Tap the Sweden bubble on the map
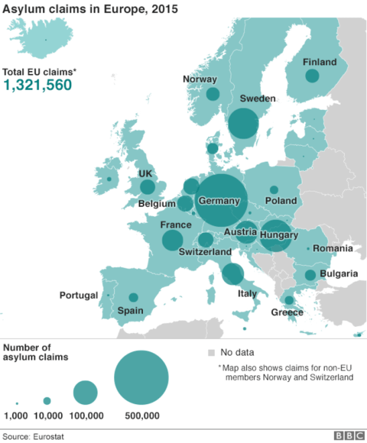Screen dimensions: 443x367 (x=243, y=123)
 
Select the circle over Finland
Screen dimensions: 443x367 (x=312, y=76)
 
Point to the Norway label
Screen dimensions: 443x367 (x=200, y=79)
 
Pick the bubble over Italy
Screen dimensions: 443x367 (x=232, y=273)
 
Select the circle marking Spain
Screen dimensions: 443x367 (x=133, y=297)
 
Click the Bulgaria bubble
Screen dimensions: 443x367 (x=310, y=275)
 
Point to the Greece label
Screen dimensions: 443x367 (x=287, y=312)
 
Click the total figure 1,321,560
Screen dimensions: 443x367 (x=38, y=85)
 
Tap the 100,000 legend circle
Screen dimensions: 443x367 (x=85, y=393)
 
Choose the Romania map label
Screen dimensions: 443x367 (x=332, y=248)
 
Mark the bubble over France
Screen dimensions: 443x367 (x=172, y=240)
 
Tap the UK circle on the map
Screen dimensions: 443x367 (x=147, y=187)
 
